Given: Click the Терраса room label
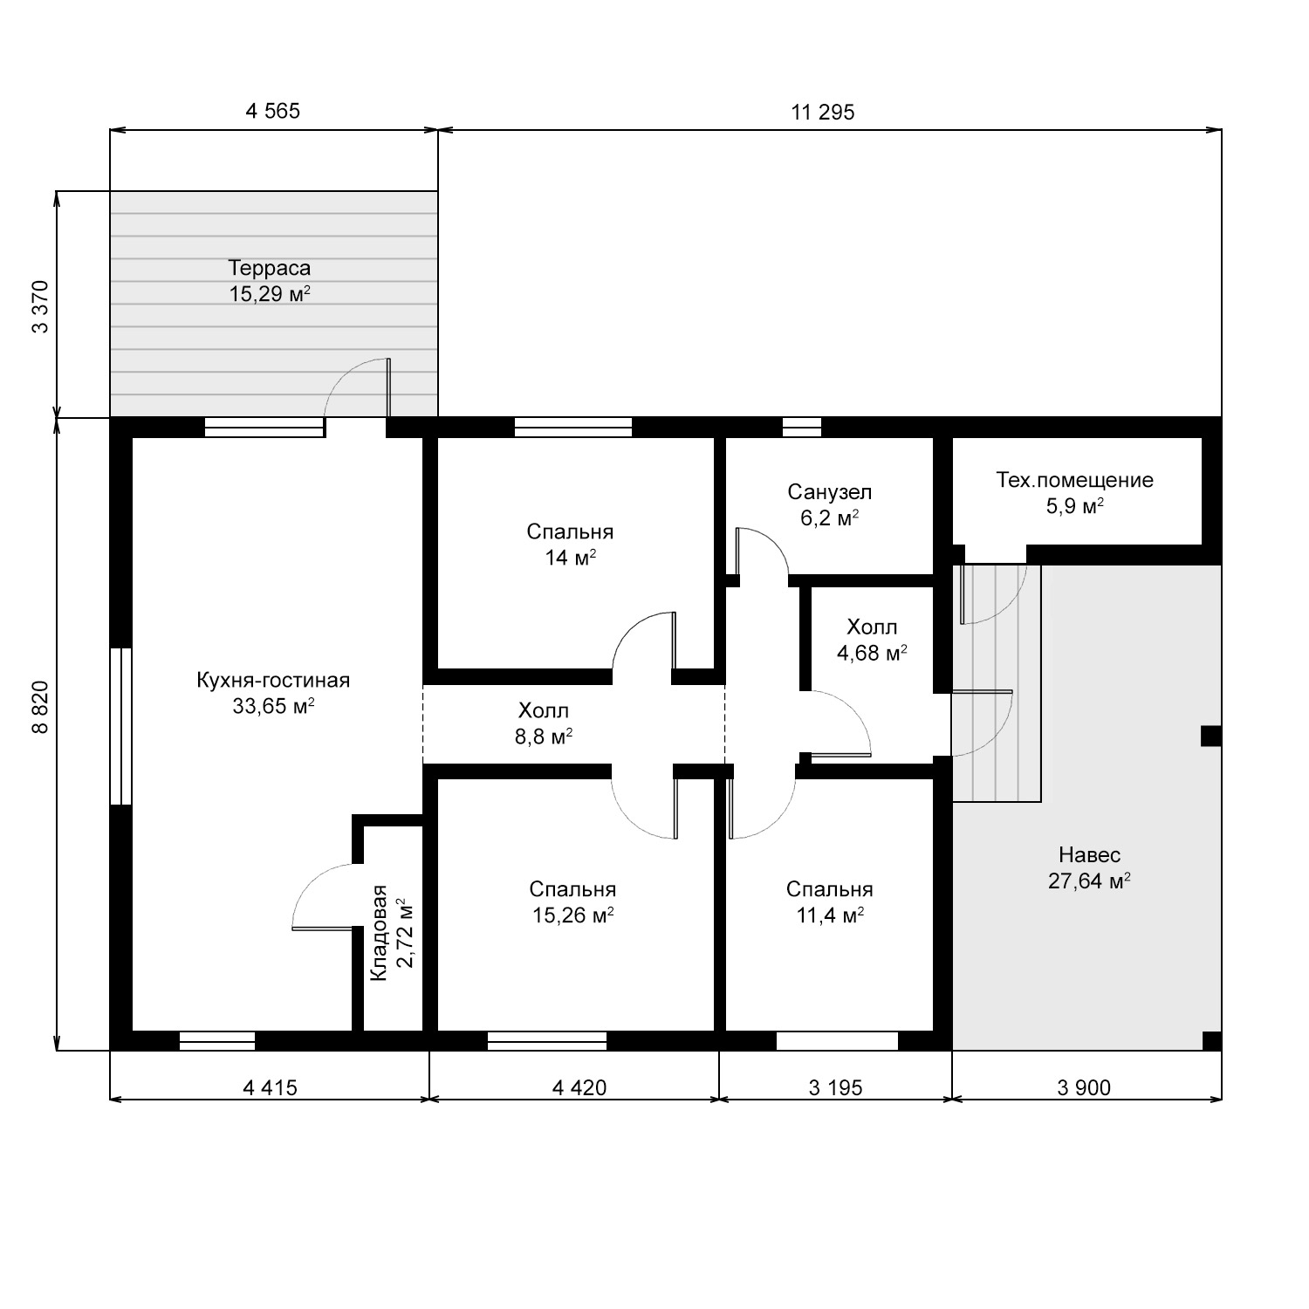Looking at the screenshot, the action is click(x=270, y=268).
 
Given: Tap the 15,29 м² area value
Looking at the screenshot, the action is click(x=271, y=293).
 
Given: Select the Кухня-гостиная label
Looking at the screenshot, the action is click(x=273, y=681).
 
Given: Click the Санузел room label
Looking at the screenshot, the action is click(x=829, y=492).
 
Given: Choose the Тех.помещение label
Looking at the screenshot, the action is click(x=1075, y=480).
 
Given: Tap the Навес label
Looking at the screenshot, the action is click(x=1089, y=854).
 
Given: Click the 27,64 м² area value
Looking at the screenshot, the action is click(x=1089, y=881).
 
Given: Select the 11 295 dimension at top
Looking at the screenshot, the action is click(x=823, y=112).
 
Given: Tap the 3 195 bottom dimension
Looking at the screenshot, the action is click(x=835, y=1087).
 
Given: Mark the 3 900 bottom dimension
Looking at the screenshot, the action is click(x=1084, y=1087).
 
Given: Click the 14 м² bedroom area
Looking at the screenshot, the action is click(x=571, y=558).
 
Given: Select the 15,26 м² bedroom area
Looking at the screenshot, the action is click(x=572, y=915).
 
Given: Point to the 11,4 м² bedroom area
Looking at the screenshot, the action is click(x=829, y=915).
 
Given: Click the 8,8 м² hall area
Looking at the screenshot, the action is click(x=544, y=737).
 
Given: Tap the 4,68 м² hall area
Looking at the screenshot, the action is click(x=872, y=653).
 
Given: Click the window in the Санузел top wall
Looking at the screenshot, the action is click(x=802, y=427).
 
